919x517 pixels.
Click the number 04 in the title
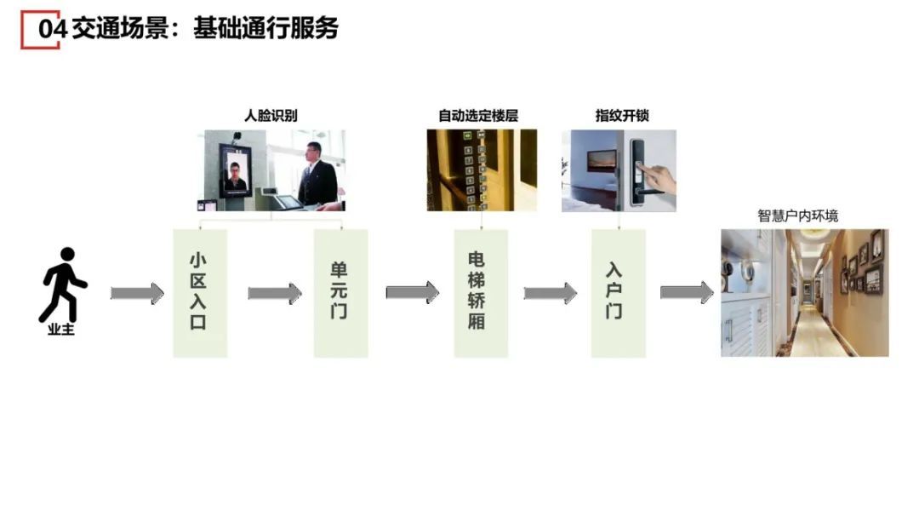[52, 29]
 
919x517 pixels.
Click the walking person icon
[64, 284]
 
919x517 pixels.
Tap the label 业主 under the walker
[61, 330]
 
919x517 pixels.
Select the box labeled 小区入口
[200, 293]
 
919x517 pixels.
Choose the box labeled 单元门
[340, 293]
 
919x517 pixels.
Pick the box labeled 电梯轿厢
[480, 293]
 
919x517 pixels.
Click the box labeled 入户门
[618, 293]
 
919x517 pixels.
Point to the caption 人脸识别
[271, 116]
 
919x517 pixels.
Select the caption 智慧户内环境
[797, 215]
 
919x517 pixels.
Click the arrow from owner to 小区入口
[137, 293]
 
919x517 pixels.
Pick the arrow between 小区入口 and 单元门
[274, 293]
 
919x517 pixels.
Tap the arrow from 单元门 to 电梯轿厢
[412, 293]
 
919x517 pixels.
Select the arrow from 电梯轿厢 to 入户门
[550, 293]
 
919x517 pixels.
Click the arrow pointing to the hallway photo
[687, 293]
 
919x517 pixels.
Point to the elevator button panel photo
[482, 170]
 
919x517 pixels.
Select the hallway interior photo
[804, 292]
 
